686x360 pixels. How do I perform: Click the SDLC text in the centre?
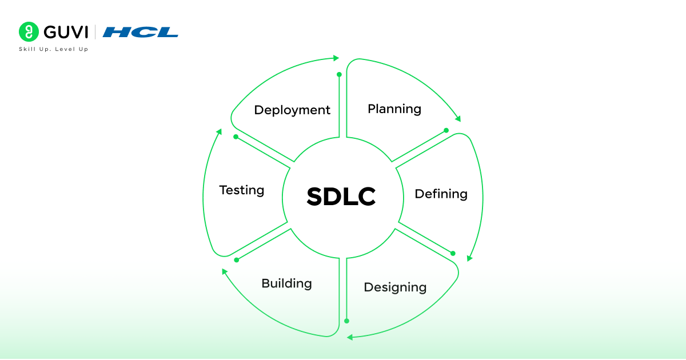click(341, 197)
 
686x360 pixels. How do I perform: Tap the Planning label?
click(394, 109)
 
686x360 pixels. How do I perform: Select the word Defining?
click(441, 194)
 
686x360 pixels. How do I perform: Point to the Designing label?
click(395, 287)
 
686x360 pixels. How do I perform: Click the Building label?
click(286, 283)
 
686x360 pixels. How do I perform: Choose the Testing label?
click(242, 190)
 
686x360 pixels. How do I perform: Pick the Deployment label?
click(292, 110)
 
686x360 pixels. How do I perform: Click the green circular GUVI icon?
click(29, 32)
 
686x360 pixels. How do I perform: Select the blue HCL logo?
click(141, 32)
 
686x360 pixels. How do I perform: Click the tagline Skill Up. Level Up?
click(54, 49)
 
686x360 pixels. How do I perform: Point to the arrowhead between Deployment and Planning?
click(336, 58)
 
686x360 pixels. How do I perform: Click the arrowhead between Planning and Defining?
click(457, 119)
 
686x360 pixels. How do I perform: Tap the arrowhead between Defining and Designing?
click(469, 258)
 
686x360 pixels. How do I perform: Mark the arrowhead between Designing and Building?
click(350, 337)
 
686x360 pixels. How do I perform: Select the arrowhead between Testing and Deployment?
click(218, 132)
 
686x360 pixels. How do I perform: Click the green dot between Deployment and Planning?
click(339, 74)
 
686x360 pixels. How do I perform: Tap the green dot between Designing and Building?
click(346, 321)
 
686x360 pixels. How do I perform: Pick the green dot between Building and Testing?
click(236, 260)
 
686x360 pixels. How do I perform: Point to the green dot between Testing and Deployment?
click(236, 137)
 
